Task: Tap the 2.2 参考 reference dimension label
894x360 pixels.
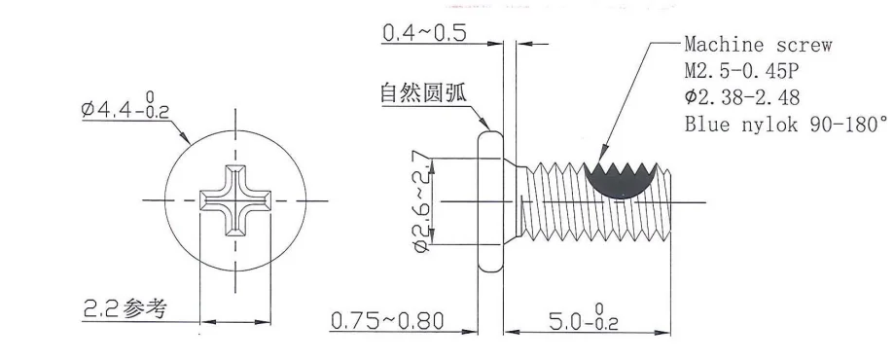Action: click(x=124, y=309)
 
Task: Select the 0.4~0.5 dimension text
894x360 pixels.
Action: click(x=423, y=34)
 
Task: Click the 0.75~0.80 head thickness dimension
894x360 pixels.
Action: click(x=387, y=320)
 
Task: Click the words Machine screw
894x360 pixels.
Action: click(x=759, y=45)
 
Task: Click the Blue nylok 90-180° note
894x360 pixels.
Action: click(x=786, y=125)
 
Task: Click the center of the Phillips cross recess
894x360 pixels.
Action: click(x=234, y=201)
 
